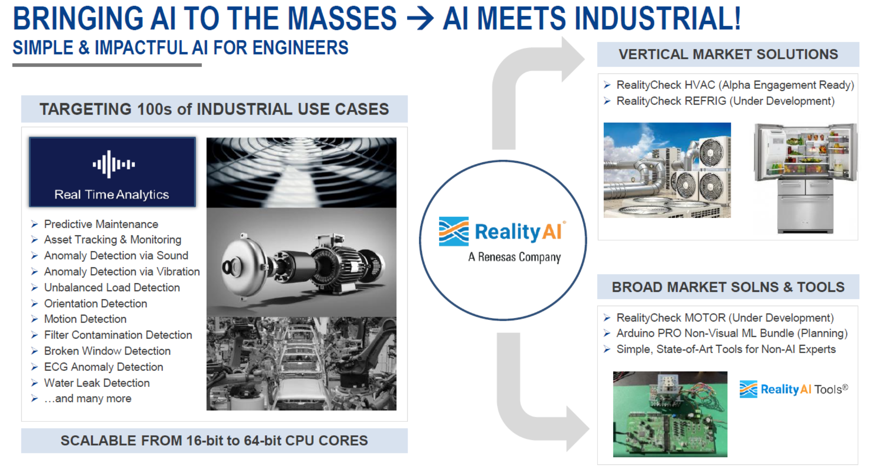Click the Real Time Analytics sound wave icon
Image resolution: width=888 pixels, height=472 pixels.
point(114,164)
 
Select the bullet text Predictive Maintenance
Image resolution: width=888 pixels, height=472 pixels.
point(101,224)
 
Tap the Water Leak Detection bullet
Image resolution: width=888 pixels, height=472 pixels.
point(97,383)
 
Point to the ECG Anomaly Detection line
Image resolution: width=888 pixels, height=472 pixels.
point(103,367)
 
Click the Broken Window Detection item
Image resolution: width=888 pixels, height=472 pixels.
point(107,351)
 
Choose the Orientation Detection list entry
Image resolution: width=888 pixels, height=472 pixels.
point(96,303)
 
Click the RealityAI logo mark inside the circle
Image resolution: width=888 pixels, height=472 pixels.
point(454,231)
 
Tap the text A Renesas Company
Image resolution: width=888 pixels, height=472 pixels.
point(515,257)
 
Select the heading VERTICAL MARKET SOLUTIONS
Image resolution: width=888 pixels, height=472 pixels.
point(728,54)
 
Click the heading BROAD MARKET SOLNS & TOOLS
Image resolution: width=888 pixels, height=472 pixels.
point(728,287)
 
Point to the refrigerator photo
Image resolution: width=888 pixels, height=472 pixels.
point(805,178)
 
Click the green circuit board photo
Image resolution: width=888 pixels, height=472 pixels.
point(670,414)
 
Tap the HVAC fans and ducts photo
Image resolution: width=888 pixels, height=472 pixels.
point(667,170)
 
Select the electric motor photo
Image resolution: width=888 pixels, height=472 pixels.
point(302,262)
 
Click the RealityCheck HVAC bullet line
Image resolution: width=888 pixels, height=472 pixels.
point(735,85)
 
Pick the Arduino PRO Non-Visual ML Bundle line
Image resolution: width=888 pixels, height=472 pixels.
point(732,333)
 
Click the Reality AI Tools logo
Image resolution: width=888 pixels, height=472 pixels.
point(794,389)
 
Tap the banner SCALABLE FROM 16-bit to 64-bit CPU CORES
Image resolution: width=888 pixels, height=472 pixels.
point(214,440)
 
